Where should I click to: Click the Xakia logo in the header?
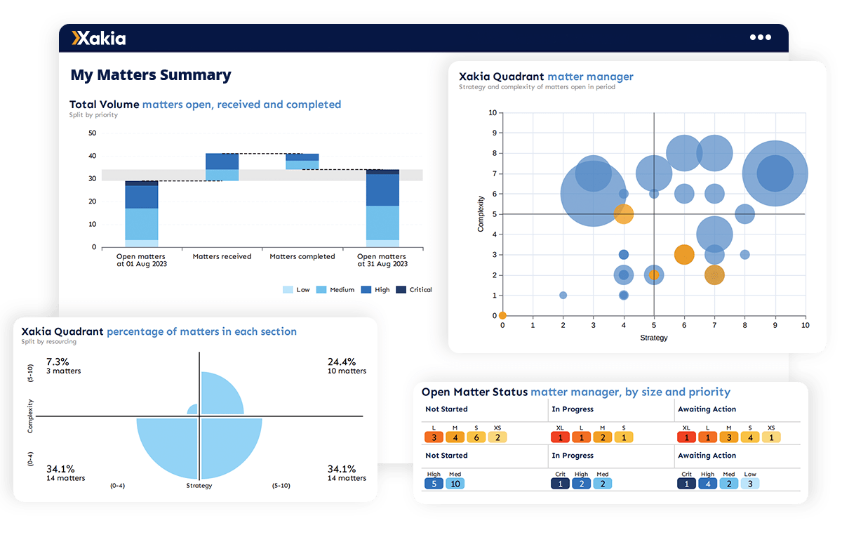tap(99, 38)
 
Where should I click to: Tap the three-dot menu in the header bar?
tap(760, 38)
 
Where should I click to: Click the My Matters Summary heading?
tap(151, 75)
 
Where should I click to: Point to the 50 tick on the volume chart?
tap(93, 132)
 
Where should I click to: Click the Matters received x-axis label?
tap(222, 257)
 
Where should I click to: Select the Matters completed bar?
tap(302, 161)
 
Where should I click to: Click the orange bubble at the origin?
tap(502, 315)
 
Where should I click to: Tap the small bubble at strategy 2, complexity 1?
tap(563, 295)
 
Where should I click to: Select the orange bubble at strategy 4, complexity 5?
tap(623, 214)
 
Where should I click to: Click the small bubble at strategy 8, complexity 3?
tap(744, 254)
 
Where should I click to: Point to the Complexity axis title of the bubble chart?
tap(481, 214)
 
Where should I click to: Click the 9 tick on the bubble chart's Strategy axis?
tap(775, 326)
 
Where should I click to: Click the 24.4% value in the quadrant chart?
tap(342, 362)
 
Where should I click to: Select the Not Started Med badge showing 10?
tap(455, 483)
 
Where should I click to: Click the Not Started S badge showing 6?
tap(476, 437)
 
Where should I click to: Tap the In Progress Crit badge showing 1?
tap(560, 483)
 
